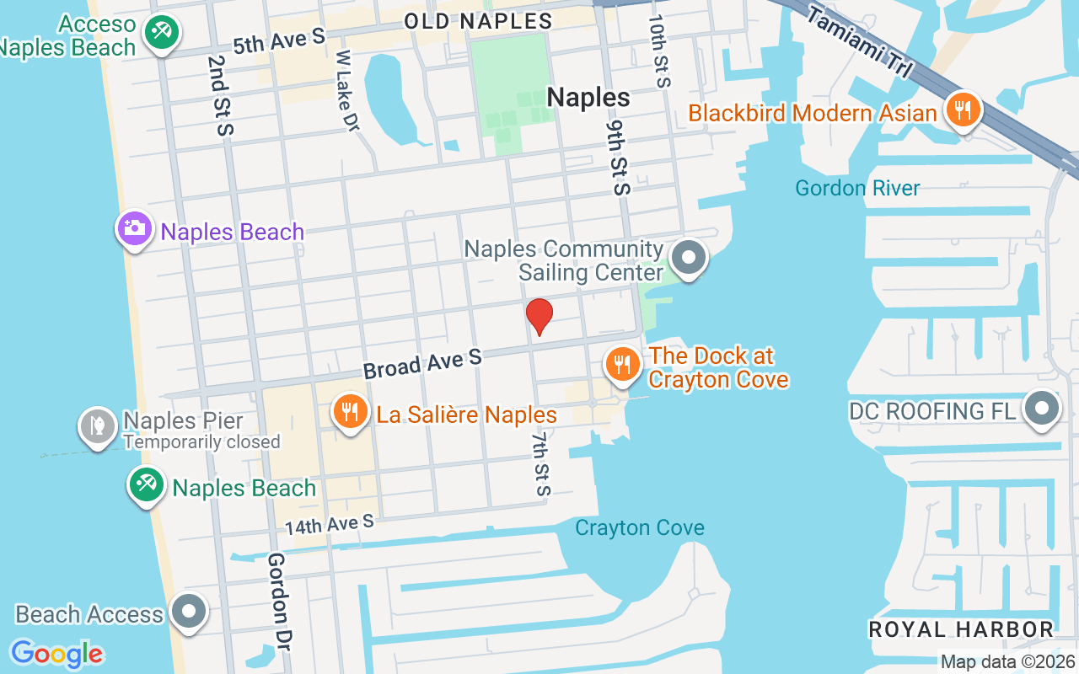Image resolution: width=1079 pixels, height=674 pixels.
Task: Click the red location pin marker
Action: pyautogui.click(x=539, y=317)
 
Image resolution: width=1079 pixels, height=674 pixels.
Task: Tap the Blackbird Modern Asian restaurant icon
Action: pyautogui.click(x=961, y=110)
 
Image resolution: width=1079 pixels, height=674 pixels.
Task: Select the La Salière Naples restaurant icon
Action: pyautogui.click(x=348, y=412)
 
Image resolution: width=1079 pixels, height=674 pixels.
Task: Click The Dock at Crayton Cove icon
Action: pyautogui.click(x=622, y=364)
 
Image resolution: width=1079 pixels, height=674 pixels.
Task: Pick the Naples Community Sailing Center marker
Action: pyautogui.click(x=689, y=258)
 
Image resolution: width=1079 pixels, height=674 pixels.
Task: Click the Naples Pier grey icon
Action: pyautogui.click(x=98, y=426)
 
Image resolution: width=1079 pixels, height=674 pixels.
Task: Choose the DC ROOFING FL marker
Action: pyautogui.click(x=1042, y=409)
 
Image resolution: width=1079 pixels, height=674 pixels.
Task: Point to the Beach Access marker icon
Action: pyautogui.click(x=188, y=612)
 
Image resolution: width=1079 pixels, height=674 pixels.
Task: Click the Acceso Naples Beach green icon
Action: pyautogui.click(x=158, y=33)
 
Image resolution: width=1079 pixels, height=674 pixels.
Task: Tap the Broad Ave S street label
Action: pyautogui.click(x=422, y=364)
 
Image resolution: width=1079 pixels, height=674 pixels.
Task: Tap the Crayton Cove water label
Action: pyautogui.click(x=640, y=528)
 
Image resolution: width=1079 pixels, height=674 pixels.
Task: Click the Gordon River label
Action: pyautogui.click(x=857, y=188)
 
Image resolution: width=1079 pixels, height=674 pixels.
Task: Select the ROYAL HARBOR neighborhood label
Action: pyautogui.click(x=961, y=629)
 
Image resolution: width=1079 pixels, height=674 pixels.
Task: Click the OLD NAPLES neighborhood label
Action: pyautogui.click(x=478, y=21)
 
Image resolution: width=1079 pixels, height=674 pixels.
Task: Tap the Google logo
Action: pyautogui.click(x=56, y=654)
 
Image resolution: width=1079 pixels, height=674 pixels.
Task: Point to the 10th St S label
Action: pyautogui.click(x=660, y=51)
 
